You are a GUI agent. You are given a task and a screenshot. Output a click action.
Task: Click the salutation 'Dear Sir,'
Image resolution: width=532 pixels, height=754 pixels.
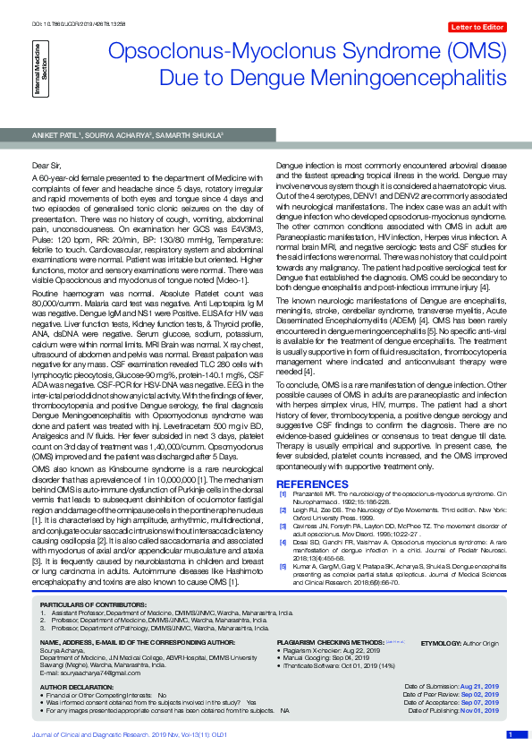[x=46, y=166]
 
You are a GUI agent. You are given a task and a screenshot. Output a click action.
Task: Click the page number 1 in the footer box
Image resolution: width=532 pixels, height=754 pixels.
[x=510, y=735]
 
